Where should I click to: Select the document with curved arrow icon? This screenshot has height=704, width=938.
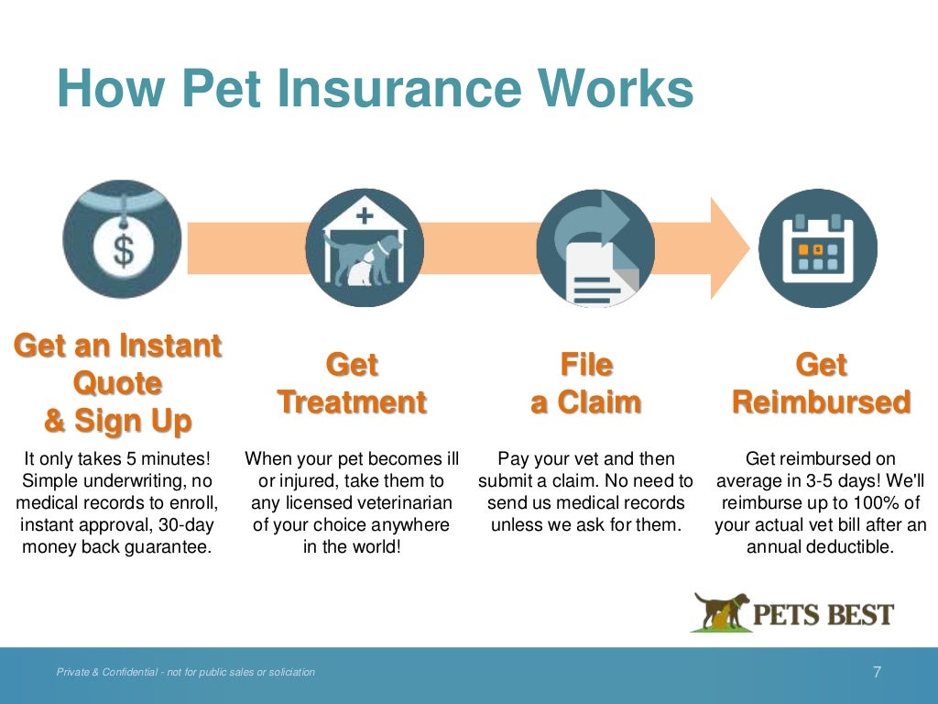[x=594, y=247]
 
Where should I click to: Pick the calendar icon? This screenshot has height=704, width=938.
[x=818, y=247]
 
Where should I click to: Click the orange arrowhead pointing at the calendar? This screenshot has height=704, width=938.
[x=729, y=247]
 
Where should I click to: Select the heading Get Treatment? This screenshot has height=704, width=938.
[x=352, y=383]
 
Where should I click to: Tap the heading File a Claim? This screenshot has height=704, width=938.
[x=586, y=383]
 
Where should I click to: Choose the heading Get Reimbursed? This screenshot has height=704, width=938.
[x=821, y=383]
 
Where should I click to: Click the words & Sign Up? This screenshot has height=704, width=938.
[x=118, y=422]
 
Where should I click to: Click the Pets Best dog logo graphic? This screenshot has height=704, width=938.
[x=720, y=611]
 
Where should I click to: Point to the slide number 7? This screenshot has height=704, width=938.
[x=877, y=672]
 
